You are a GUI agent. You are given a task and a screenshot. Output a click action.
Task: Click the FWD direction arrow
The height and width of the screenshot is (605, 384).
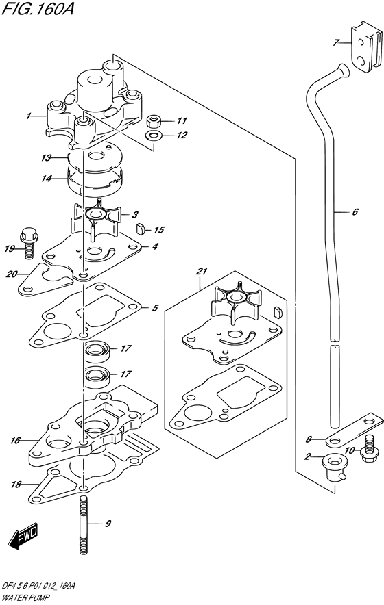[x=23, y=536]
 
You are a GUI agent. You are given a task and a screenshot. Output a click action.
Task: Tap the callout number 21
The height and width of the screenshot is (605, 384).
[x=202, y=272]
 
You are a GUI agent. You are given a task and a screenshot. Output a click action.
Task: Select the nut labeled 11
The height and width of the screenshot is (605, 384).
[x=155, y=120]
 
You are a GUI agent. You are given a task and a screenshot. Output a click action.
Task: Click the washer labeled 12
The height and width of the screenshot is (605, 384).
[x=154, y=136]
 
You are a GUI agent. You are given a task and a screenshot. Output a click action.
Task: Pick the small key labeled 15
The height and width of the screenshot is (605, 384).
[x=141, y=229]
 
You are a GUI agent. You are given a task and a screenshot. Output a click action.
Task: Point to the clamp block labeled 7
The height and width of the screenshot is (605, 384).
[x=365, y=49]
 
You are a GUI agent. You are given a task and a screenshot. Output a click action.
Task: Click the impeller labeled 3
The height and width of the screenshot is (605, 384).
[x=95, y=219]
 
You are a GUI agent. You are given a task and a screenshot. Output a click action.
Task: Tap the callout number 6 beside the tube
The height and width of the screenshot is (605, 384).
[x=355, y=211]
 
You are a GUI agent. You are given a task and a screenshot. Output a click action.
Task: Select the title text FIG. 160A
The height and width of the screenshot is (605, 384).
[x=38, y=8]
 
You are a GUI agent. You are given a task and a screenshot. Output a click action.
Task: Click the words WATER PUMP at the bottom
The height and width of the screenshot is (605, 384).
[x=23, y=598]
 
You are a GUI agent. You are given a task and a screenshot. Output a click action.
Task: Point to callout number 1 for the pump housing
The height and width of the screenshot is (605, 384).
[x=28, y=116]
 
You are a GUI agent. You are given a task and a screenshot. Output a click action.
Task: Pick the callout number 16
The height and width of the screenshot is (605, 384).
[x=15, y=440]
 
